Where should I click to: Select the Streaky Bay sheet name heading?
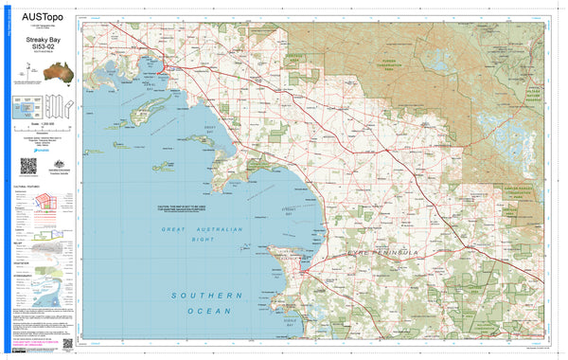point(38,39)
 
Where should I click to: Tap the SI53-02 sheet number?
point(38,47)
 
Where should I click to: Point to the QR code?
point(27,166)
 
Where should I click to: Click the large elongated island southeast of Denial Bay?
point(154,101)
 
